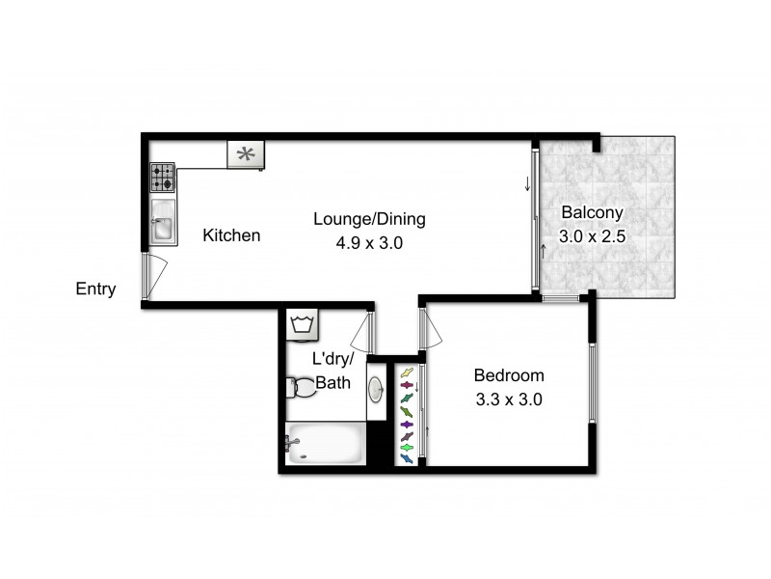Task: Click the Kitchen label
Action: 231,234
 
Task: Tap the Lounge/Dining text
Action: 369,219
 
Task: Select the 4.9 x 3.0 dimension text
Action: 368,243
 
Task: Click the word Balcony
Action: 594,213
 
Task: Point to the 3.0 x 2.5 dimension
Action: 594,235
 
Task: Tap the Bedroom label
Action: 509,375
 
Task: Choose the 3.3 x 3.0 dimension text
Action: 509,399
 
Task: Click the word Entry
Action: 96,289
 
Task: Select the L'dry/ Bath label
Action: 332,371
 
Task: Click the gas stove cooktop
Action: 162,178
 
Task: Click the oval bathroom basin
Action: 376,388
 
